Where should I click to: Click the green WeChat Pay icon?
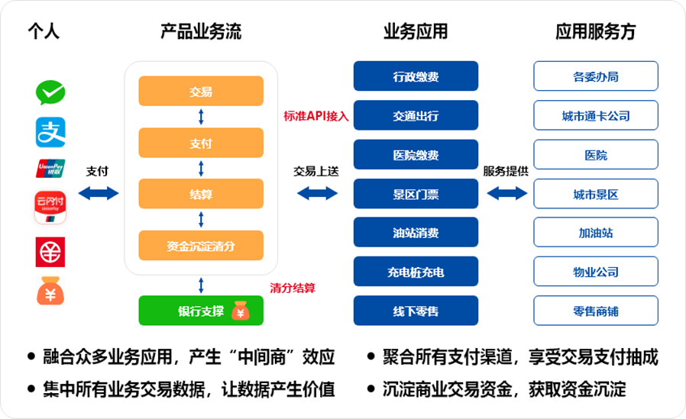50,92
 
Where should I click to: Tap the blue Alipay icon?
50,132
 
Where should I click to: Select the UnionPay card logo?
50,169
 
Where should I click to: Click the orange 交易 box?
201,92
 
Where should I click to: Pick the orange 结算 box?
201,194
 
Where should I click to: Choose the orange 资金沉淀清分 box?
201,245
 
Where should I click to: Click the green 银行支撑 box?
201,311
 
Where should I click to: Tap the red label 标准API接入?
315,116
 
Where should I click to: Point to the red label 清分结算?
293,288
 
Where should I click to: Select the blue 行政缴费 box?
416,76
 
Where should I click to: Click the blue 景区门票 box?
416,194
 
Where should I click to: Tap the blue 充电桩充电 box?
416,272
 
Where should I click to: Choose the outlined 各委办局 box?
595,76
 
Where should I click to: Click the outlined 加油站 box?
595,233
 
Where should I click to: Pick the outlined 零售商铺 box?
595,311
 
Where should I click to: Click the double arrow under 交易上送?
317,193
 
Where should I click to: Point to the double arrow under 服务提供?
506,193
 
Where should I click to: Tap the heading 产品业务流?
201,32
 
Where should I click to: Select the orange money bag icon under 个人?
50,291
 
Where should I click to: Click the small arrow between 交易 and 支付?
201,117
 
